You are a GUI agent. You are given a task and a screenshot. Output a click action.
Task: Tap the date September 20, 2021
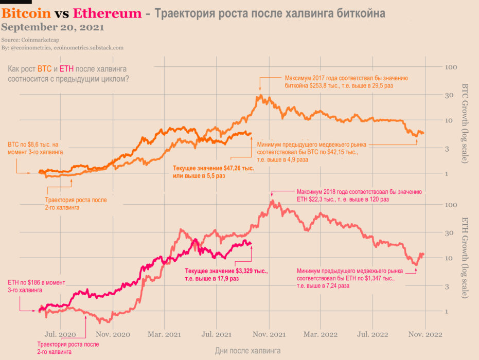click(x=53, y=27)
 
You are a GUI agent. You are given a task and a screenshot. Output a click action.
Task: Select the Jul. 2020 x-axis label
click(x=60, y=334)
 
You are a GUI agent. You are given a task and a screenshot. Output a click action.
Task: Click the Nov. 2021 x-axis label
click(x=270, y=334)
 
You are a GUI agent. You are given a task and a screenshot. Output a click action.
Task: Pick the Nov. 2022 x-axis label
click(x=424, y=334)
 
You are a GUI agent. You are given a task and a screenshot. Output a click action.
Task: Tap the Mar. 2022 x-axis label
click(x=321, y=334)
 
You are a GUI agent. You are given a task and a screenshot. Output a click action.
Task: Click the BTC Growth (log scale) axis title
click(x=465, y=123)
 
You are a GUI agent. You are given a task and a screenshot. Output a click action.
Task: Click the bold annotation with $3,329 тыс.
click(x=226, y=274)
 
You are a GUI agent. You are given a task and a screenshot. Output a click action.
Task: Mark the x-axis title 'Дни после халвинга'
click(x=247, y=350)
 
